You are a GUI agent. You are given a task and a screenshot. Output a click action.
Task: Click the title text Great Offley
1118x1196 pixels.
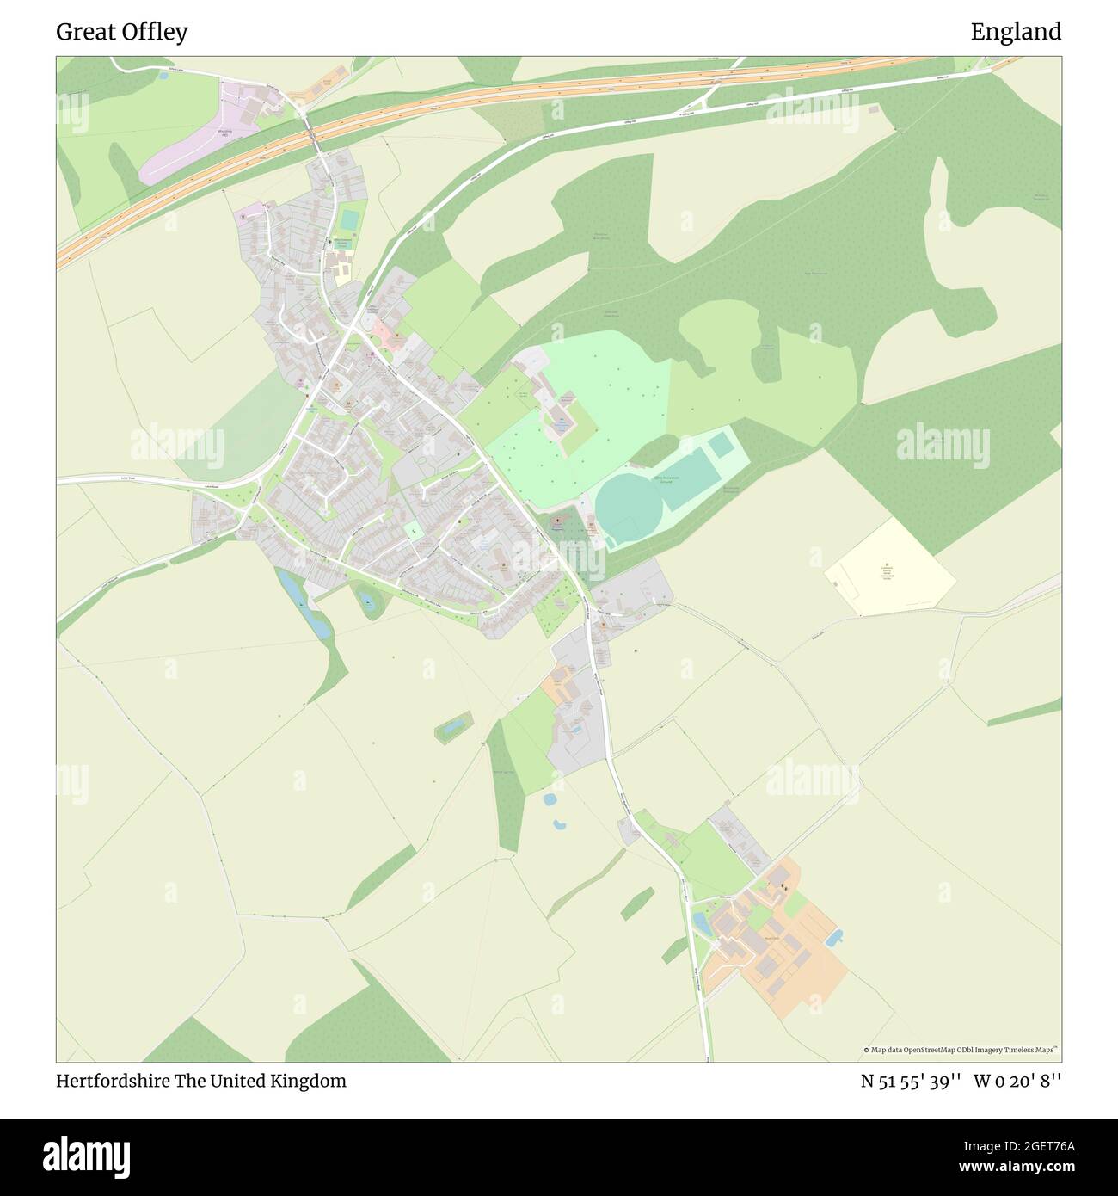click(122, 32)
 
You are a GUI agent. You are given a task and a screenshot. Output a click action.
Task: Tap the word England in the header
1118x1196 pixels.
click(1016, 32)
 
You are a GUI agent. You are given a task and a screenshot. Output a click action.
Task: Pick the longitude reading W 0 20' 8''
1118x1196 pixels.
click(1017, 1081)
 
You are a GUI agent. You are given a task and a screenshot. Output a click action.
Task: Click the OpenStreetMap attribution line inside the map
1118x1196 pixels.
click(961, 1050)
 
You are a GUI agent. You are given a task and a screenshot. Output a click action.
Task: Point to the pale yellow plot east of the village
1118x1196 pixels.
click(890, 568)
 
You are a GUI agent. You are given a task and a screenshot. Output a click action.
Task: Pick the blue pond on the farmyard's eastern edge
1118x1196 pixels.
click(832, 938)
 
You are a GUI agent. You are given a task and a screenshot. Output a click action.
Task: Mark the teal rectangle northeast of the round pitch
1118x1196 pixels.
click(721, 446)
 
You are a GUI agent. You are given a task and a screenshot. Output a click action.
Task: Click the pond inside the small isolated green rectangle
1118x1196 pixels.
click(452, 726)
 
